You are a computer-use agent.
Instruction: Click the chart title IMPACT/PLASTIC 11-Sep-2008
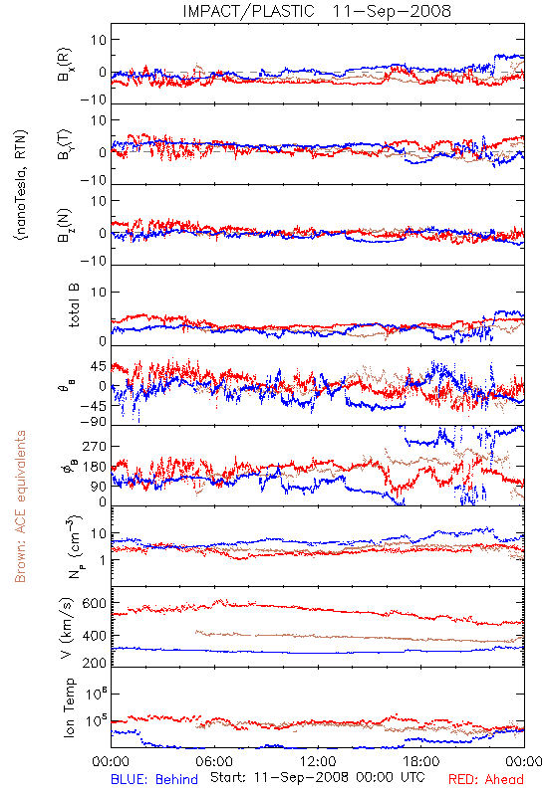click(x=317, y=11)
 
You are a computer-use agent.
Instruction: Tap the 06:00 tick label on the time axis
click(x=214, y=761)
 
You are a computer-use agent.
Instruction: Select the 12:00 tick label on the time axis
click(x=318, y=761)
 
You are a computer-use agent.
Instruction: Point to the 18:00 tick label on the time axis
click(x=421, y=761)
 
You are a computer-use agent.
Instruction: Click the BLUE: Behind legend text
click(x=154, y=780)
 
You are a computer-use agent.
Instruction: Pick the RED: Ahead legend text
click(x=485, y=780)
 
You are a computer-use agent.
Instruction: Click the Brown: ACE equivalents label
click(x=20, y=506)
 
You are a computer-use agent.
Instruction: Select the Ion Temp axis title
click(x=69, y=707)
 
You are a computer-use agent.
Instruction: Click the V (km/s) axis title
click(x=67, y=629)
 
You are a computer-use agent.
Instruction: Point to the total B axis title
click(x=74, y=305)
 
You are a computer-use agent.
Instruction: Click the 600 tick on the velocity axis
click(x=94, y=603)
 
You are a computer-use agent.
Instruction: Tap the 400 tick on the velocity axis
click(x=94, y=636)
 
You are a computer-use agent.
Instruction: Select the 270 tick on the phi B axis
click(x=94, y=446)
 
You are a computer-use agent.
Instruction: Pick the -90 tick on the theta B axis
click(x=94, y=421)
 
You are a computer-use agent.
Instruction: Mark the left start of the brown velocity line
click(x=196, y=632)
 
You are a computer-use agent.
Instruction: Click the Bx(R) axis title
click(x=65, y=65)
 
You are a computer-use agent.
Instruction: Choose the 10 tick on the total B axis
click(x=99, y=292)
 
